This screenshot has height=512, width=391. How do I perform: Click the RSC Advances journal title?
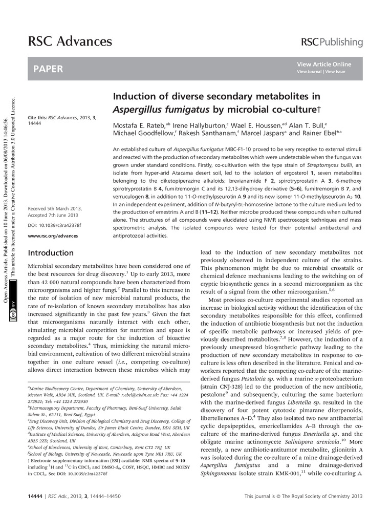click(70, 41)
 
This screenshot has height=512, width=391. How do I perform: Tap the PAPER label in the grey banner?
click(48, 69)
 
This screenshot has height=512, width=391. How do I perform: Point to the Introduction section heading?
click(51, 253)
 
